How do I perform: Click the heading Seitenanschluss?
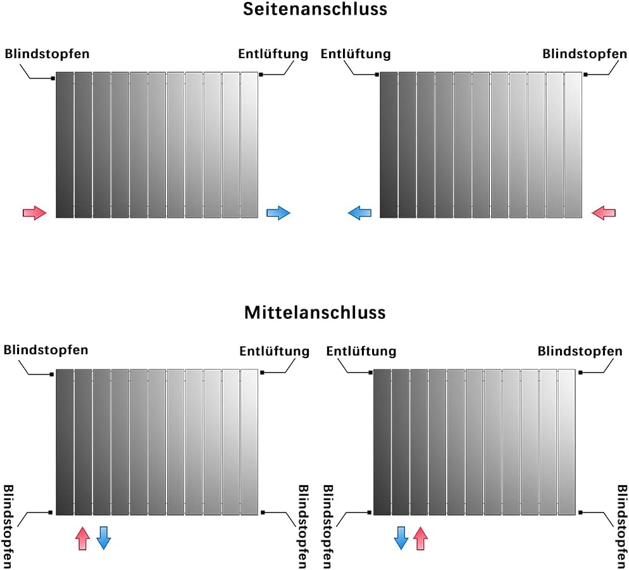[314, 9]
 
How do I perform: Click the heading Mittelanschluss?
[314, 313]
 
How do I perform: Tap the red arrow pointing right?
[35, 213]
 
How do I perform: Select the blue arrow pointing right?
[278, 213]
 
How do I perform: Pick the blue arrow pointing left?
[359, 213]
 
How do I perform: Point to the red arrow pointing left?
[603, 213]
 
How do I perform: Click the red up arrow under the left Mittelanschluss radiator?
[82, 538]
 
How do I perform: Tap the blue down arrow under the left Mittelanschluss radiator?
[104, 538]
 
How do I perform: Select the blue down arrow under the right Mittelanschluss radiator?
[401, 538]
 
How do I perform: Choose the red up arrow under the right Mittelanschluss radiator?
[420, 538]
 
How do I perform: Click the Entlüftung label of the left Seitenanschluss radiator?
[273, 54]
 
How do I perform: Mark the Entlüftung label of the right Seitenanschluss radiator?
[356, 54]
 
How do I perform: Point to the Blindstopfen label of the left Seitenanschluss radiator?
[47, 54]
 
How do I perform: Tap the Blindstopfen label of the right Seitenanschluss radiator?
[585, 54]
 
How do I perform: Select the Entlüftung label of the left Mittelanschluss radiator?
[274, 351]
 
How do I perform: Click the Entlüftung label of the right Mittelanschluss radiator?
[361, 351]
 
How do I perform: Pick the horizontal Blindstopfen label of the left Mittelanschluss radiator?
[46, 350]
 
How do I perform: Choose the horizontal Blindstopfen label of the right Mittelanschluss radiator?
[580, 351]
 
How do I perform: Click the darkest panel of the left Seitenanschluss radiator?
[65, 145]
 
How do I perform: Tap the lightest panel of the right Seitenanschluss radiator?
[573, 145]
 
